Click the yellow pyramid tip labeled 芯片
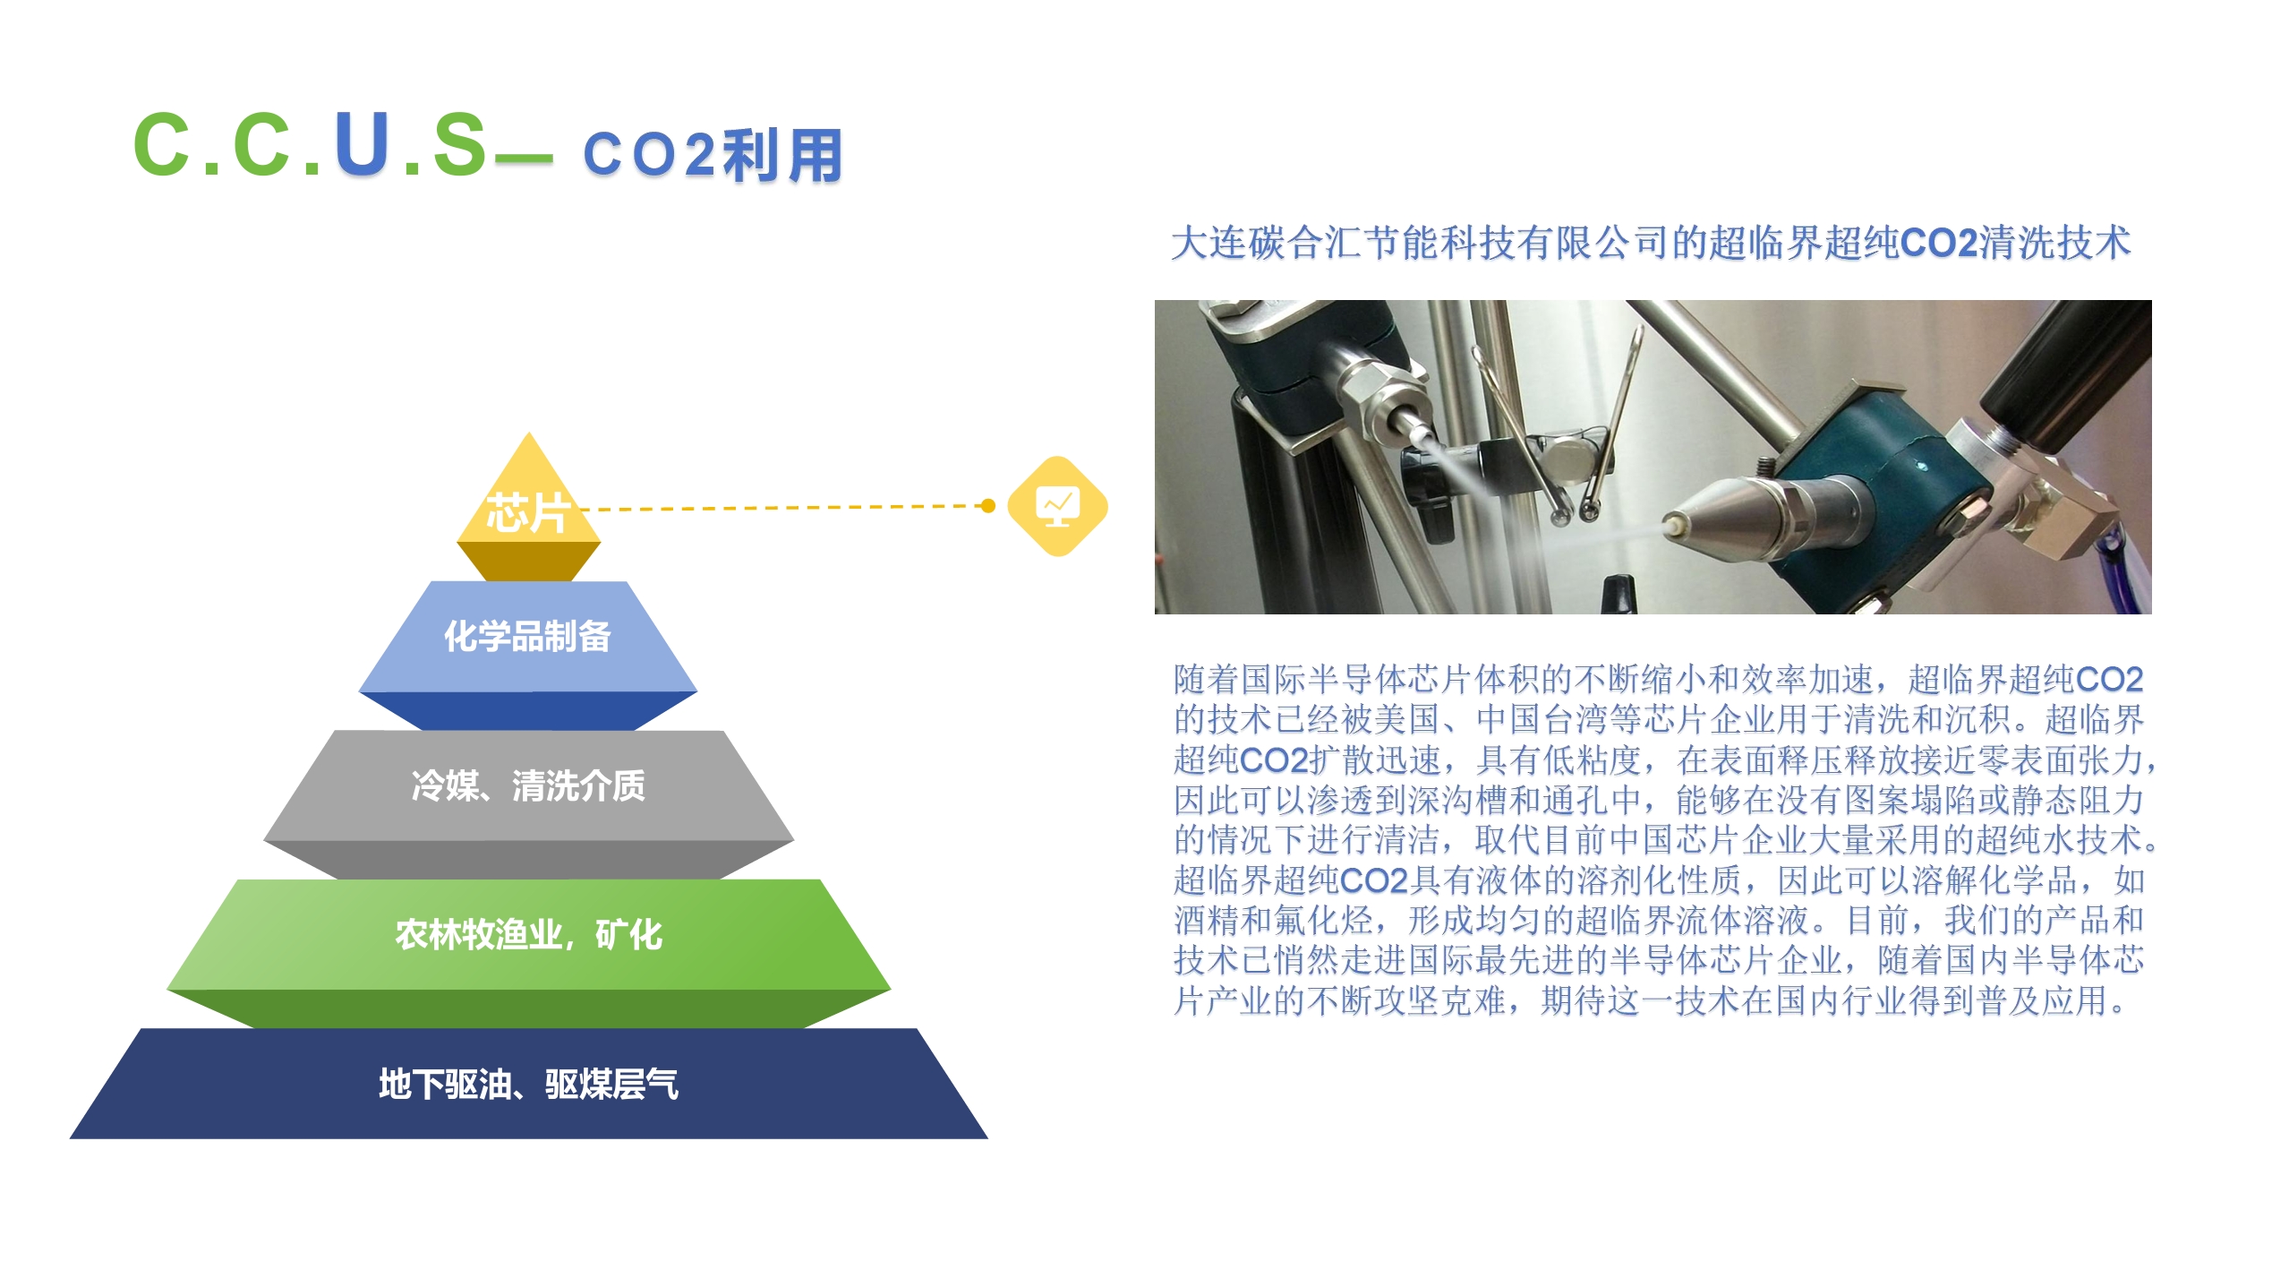pos(528,511)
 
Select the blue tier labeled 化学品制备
pos(528,654)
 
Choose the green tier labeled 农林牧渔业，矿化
pos(528,952)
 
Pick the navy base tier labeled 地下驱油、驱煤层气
pos(528,1084)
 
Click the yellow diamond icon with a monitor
pos(1057,506)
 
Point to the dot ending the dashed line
pos(988,506)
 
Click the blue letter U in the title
pos(362,143)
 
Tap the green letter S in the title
pos(460,143)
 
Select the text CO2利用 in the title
pos(713,155)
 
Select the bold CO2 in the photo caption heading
pos(1938,243)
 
